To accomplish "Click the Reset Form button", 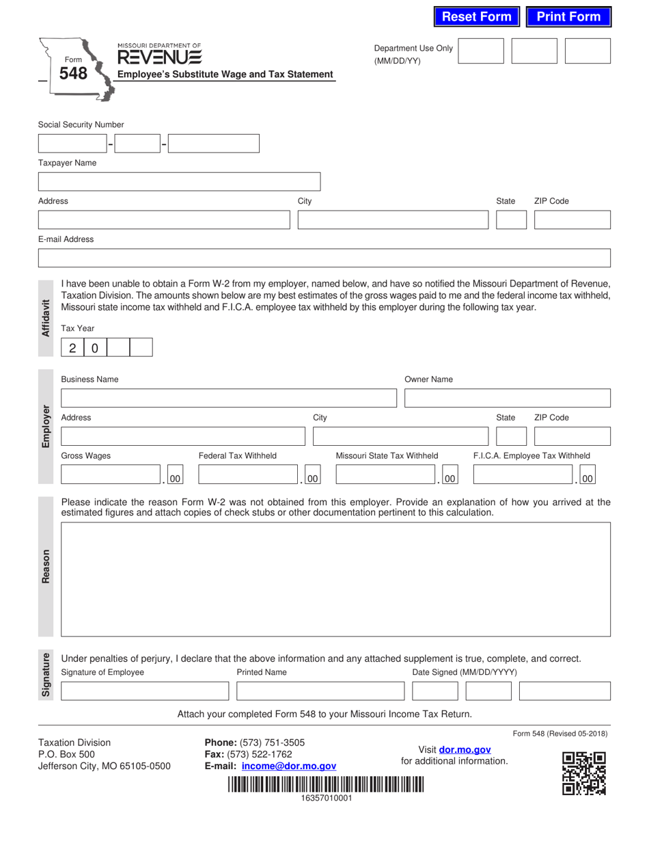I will coord(477,17).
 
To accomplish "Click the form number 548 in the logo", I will coord(73,72).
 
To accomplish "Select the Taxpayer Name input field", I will coord(179,181).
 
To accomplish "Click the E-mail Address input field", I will coord(324,258).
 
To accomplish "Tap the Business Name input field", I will coord(228,398).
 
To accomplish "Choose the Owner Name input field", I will coord(508,398).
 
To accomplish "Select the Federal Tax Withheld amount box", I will coord(249,475).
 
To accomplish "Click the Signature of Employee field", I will coord(145,691).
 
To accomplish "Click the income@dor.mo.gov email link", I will coord(289,766).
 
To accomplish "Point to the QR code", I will coord(583,773).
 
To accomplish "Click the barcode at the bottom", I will coord(326,784).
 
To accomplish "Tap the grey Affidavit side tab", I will coord(46,318).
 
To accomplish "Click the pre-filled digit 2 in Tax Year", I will coord(72,348).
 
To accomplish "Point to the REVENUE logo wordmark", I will coord(159,56).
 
